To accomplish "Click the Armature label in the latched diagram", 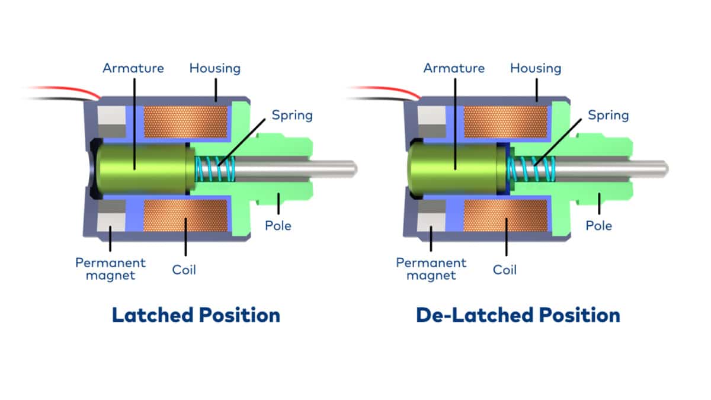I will point(133,68).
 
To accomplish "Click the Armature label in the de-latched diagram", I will point(454,68).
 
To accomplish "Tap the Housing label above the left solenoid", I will point(215,68).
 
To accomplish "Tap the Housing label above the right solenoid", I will point(536,68).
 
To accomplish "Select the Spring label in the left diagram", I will point(292,114).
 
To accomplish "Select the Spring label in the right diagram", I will point(608,114).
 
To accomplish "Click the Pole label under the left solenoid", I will point(278,225).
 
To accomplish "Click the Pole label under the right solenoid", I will point(599,225).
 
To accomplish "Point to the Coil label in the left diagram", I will point(184,270).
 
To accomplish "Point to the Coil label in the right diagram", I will point(505,270).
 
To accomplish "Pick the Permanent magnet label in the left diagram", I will point(111,268).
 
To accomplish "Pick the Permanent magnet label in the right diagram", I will point(431,268).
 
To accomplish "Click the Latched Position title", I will point(196,315).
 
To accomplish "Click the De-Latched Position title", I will point(518,315).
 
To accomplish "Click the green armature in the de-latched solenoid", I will point(456,169).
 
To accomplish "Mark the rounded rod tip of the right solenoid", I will point(665,169).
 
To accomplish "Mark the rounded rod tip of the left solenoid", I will point(353,169).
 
